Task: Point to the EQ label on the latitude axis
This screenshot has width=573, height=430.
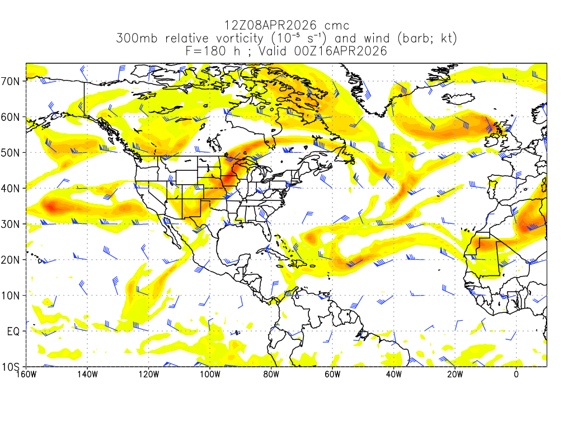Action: coord(14,331)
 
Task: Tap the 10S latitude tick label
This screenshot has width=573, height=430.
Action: coord(12,367)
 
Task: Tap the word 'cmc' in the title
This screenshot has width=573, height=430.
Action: coord(338,26)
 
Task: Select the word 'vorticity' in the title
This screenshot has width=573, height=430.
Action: coord(237,39)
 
